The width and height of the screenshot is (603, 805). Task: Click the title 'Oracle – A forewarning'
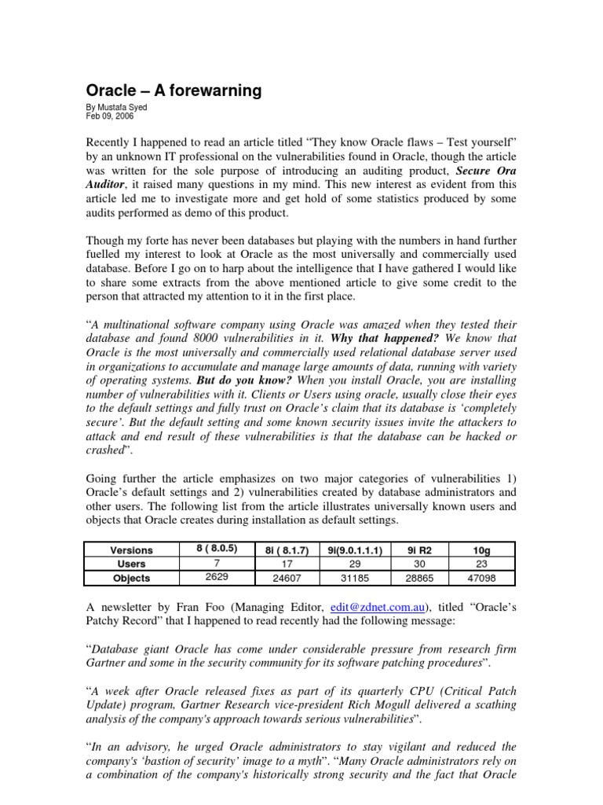point(173,91)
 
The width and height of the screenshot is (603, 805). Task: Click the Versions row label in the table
point(131,550)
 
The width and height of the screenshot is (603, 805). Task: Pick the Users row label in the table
point(131,564)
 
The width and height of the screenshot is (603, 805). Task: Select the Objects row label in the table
point(131,578)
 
